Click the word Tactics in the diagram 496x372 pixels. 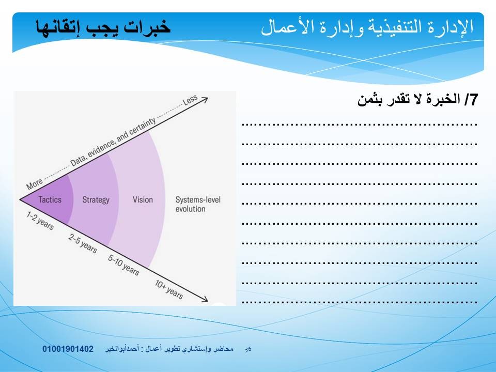tap(50, 199)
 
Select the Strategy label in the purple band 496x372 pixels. tap(96, 200)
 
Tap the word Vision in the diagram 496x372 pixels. tap(143, 199)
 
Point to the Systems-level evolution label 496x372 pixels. tap(198, 205)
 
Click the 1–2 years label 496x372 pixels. tap(40, 221)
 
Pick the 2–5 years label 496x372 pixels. tap(83, 243)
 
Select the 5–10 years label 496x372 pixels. tap(123, 265)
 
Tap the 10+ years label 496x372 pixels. tap(169, 289)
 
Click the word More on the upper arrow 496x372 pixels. tap(34, 184)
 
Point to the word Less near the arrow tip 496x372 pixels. tap(190, 100)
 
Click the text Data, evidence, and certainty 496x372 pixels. tap(113, 142)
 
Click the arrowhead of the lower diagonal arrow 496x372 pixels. tap(205, 300)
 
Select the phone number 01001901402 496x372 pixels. tap(68, 349)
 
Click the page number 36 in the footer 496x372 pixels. tap(248, 349)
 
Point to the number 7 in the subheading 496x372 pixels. tap(473, 100)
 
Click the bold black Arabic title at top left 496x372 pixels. tap(103, 27)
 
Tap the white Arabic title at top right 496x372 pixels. tap(367, 27)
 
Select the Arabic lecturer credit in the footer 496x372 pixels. tap(169, 349)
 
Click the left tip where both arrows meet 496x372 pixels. tap(20, 199)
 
